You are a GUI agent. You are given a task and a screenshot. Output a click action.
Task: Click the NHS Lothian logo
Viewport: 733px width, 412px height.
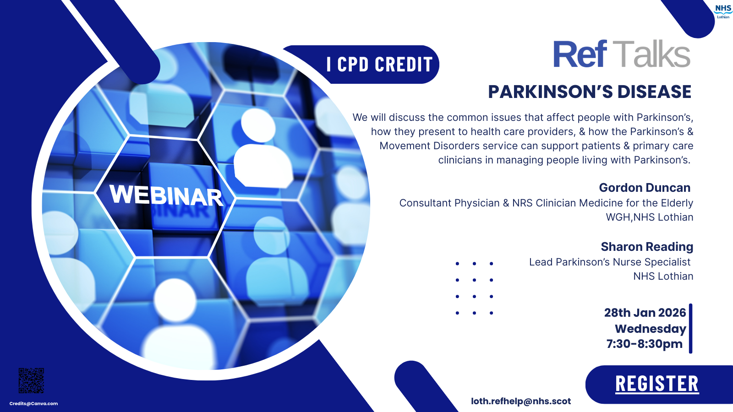723,11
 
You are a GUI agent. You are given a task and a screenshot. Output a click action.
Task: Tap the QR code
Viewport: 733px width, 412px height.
31,380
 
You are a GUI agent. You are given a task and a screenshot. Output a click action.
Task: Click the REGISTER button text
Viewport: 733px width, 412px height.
657,384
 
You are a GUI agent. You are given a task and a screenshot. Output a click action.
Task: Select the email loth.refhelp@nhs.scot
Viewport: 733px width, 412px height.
521,401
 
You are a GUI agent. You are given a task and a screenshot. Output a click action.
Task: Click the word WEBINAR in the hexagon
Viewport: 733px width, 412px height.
166,195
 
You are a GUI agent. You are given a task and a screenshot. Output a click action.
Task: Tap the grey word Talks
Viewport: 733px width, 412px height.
651,54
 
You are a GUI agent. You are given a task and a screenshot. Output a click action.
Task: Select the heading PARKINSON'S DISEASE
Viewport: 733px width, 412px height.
590,92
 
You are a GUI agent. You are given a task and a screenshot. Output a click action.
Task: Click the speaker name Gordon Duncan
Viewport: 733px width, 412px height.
645,188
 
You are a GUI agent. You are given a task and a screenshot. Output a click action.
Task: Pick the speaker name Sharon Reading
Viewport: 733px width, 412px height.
647,247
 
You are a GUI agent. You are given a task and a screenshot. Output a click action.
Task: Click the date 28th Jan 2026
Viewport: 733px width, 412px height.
645,313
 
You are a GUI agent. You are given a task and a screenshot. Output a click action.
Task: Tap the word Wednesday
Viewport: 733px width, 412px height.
651,329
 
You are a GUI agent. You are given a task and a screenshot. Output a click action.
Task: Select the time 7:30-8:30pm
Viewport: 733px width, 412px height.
644,344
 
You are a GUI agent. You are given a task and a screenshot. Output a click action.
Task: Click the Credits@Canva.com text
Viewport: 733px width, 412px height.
33,403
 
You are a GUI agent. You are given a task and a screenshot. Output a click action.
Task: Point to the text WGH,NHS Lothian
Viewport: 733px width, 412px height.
650,217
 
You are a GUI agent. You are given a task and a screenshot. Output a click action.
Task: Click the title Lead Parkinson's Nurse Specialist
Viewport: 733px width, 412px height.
610,262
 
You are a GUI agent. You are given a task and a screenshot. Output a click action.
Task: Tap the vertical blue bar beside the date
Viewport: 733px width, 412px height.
690,328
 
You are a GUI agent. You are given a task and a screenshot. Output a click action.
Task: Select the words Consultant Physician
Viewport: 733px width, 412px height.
449,203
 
